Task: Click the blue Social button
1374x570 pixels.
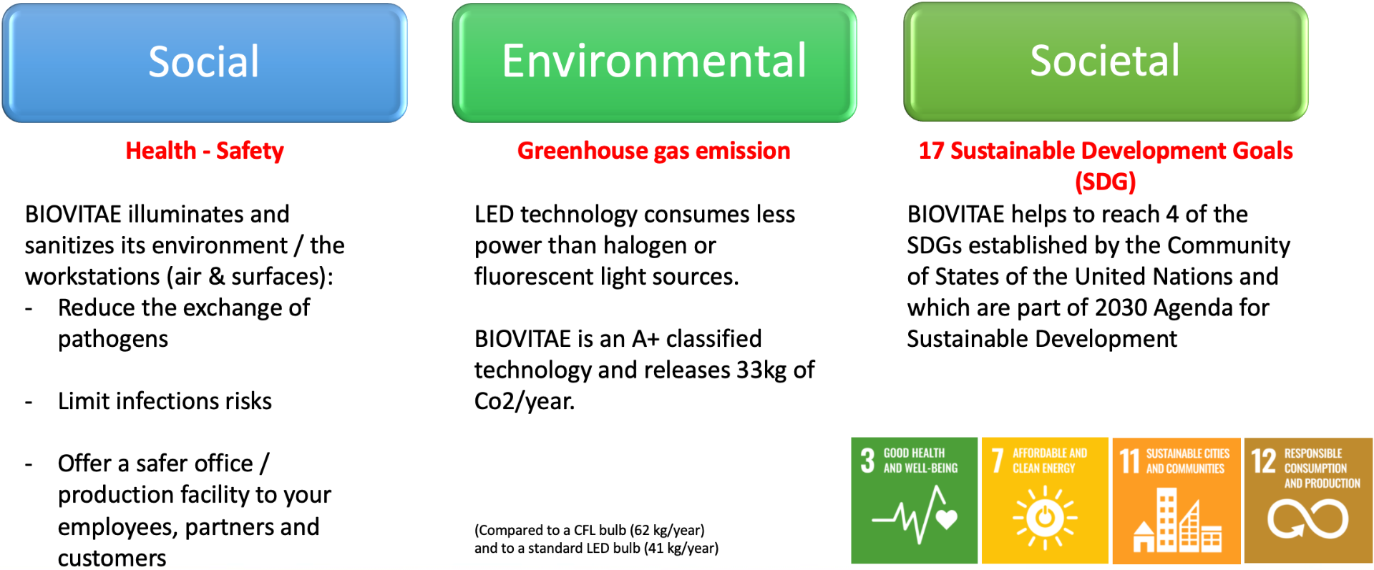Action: point(205,63)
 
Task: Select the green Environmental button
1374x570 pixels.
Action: point(654,63)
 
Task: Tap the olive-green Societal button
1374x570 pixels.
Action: point(1106,62)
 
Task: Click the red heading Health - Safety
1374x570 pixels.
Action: point(205,151)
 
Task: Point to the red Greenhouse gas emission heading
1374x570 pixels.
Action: point(654,151)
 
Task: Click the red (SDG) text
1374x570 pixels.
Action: point(1106,182)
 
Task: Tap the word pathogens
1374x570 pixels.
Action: point(113,340)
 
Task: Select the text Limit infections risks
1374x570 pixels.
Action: point(165,401)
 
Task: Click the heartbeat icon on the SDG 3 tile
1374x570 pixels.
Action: point(915,514)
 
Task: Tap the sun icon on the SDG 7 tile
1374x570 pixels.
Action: point(1045,518)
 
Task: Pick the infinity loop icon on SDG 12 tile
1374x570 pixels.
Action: point(1308,519)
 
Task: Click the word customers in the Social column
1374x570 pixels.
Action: point(112,558)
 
